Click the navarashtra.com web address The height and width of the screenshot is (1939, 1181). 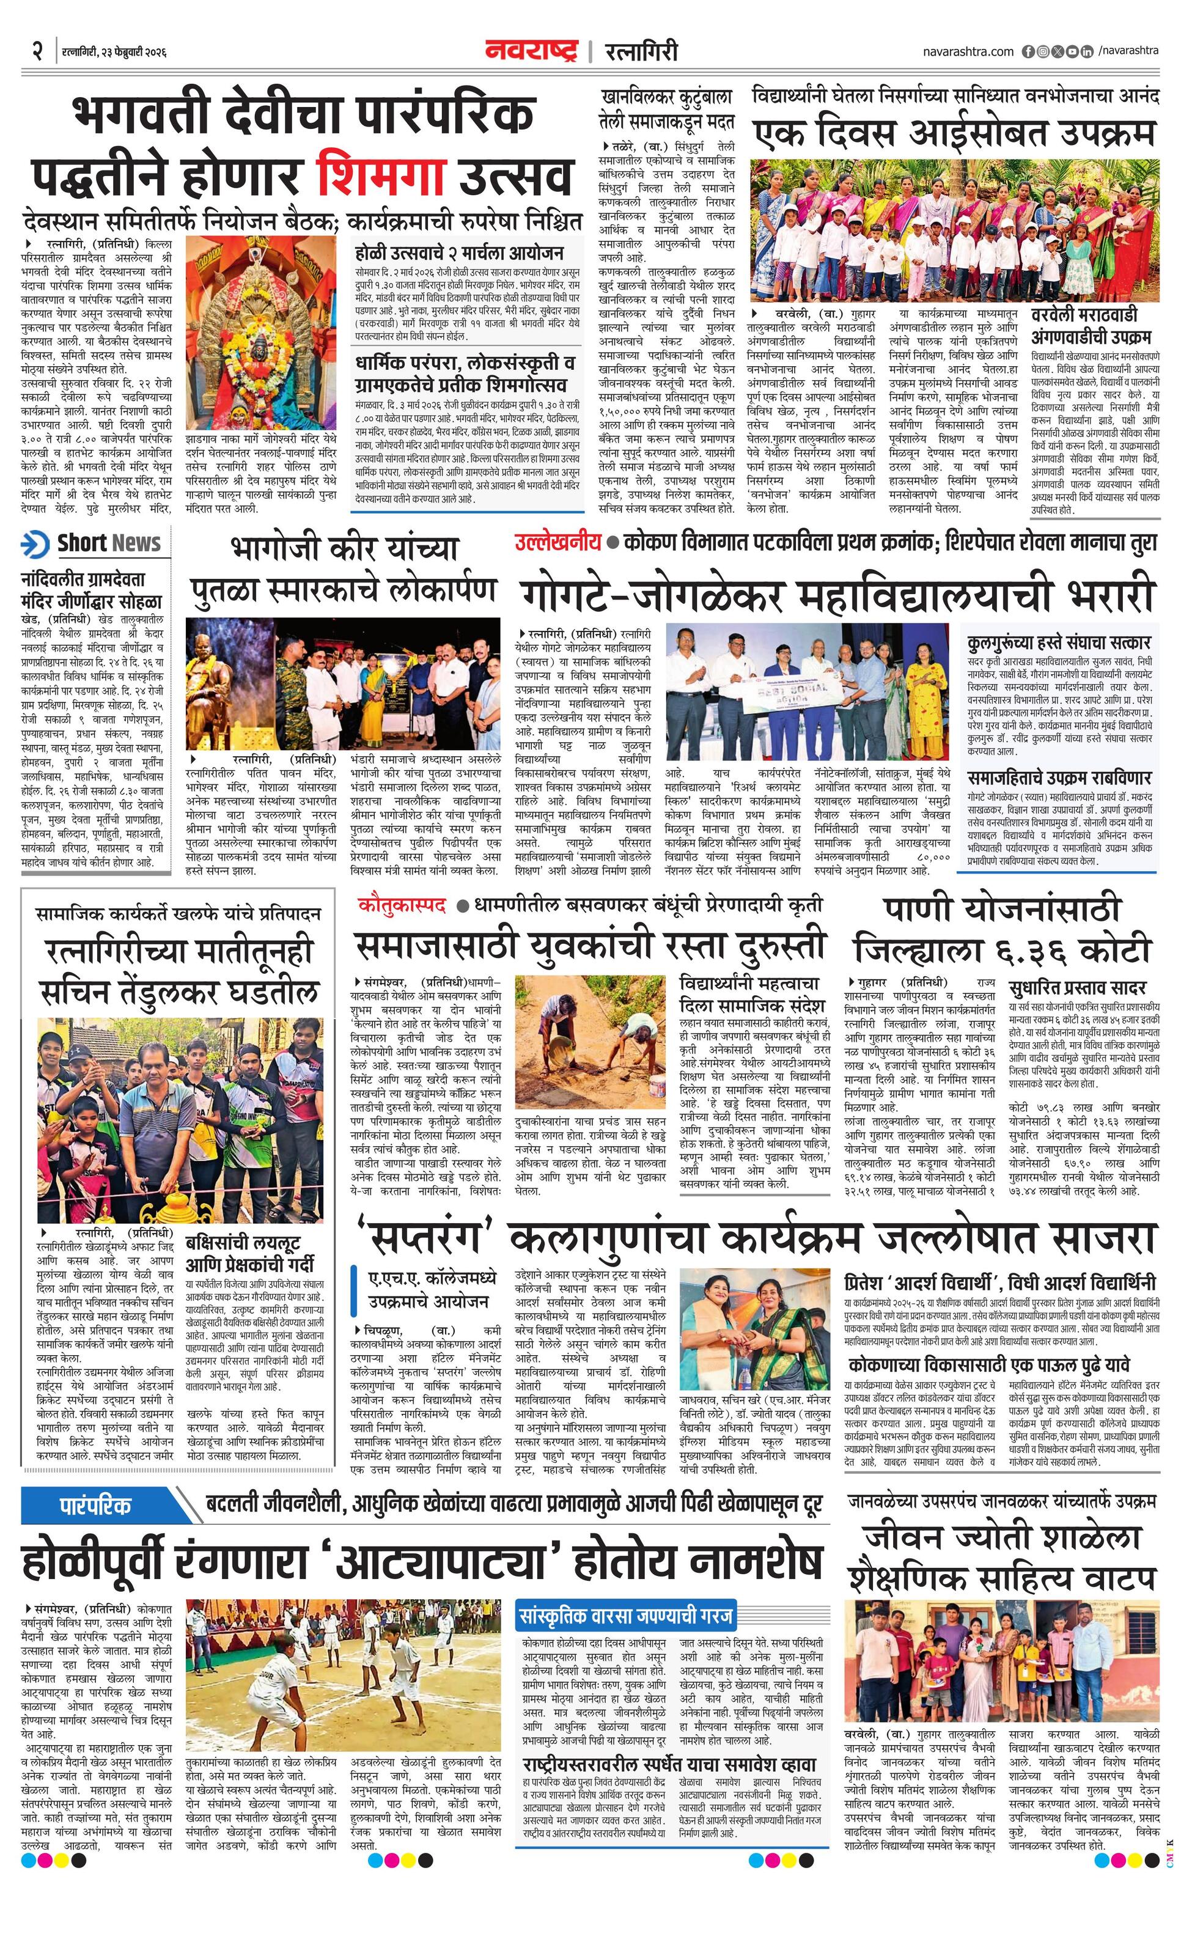[968, 51]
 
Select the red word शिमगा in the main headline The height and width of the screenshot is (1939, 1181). [383, 175]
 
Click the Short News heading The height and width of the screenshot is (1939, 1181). [109, 543]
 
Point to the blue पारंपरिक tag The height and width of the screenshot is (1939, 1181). [97, 1506]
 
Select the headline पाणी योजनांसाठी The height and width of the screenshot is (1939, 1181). [1001, 910]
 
